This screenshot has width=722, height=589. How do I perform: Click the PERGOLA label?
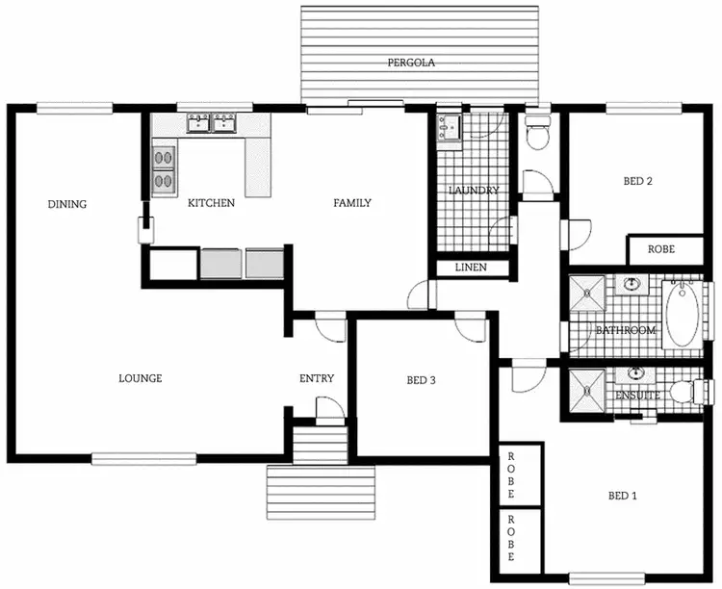pos(412,63)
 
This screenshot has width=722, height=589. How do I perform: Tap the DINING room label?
pos(67,204)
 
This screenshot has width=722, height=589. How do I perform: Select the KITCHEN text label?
pos(211,203)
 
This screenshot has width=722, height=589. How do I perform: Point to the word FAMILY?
pos(352,203)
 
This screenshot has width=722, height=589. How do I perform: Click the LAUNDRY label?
pos(474,191)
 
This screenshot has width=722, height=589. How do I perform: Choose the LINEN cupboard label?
pos(471,268)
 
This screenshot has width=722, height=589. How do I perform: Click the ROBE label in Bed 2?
pos(660,249)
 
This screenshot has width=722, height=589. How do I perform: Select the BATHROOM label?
pos(626,330)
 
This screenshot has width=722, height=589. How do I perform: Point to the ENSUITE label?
pos(637,396)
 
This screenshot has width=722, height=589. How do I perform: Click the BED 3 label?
pos(422,380)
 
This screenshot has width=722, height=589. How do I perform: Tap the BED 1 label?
pos(623,496)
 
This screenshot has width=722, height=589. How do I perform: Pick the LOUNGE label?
pos(141,378)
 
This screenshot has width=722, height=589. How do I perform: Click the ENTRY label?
pos(317,378)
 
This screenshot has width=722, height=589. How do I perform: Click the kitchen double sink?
pos(212,123)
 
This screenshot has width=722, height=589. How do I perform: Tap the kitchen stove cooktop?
pos(164,167)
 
